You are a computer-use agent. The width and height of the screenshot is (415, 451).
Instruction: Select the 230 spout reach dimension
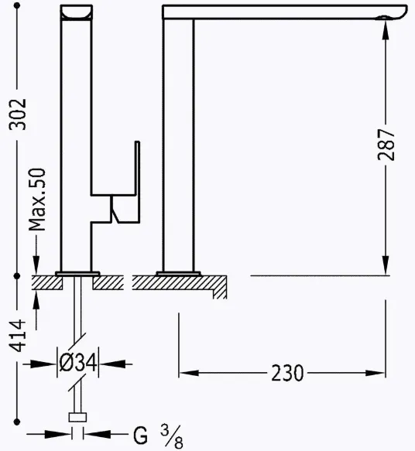(288, 374)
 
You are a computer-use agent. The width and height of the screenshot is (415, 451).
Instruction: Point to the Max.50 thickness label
(36, 200)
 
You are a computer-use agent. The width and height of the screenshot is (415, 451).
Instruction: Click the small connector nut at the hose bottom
(77, 419)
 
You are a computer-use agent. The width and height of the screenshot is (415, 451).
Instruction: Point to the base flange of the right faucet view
(178, 272)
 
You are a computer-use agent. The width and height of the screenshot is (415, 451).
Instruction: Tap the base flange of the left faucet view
(77, 272)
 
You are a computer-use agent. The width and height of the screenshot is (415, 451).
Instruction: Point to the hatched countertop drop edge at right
(221, 288)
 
